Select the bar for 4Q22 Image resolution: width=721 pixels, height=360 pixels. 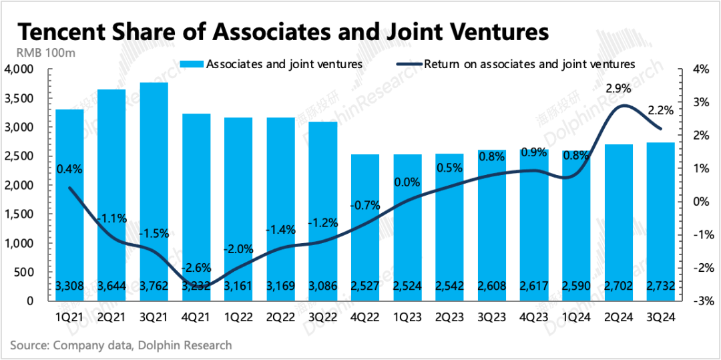(365, 227)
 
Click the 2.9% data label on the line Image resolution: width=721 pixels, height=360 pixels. (616, 88)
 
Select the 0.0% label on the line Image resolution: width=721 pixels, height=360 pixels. (407, 182)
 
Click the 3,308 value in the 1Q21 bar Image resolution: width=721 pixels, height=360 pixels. (69, 287)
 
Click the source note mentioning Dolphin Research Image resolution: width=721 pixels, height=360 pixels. (121, 345)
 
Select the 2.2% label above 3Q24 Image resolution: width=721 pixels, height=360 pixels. (660, 111)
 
